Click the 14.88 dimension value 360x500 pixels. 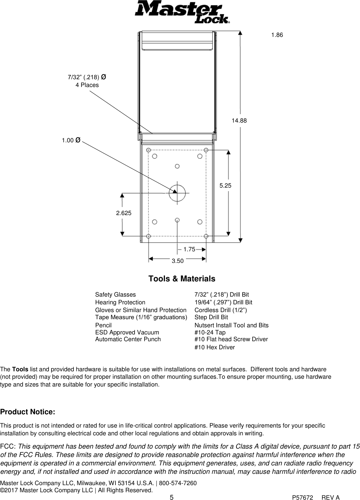(239, 121)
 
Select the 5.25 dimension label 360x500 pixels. (225, 186)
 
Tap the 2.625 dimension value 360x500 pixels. (124, 213)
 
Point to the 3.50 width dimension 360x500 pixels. (178, 261)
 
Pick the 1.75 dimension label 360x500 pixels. (189, 249)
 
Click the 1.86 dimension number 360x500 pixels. (277, 35)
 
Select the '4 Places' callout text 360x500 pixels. (87, 85)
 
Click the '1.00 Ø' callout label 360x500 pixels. (71, 140)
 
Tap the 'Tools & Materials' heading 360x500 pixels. (182, 279)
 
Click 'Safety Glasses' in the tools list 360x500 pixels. (115, 295)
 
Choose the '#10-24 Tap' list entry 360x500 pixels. (210, 332)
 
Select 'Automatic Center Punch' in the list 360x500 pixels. (128, 339)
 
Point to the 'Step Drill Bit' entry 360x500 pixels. (211, 317)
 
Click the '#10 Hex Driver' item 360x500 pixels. (214, 347)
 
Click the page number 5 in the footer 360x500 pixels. (171, 497)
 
